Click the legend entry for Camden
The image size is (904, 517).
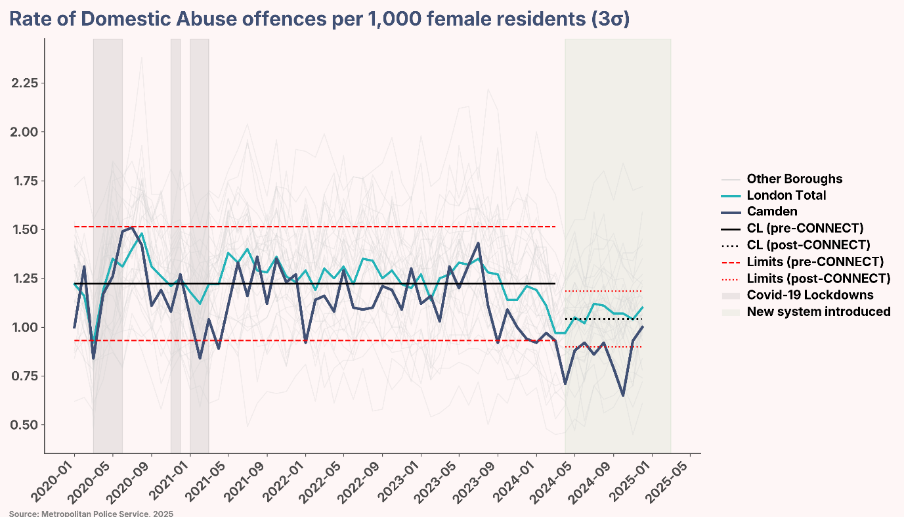(772, 212)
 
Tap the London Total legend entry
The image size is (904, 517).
(786, 195)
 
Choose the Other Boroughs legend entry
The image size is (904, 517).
(794, 179)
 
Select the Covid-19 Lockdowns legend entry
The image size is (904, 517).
(810, 295)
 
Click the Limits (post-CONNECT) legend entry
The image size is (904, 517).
(818, 279)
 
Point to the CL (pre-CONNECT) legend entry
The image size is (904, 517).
(805, 228)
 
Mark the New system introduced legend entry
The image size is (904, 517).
(818, 311)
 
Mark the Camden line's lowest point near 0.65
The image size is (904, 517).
(623, 395)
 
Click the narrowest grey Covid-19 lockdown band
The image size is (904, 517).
(175, 243)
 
